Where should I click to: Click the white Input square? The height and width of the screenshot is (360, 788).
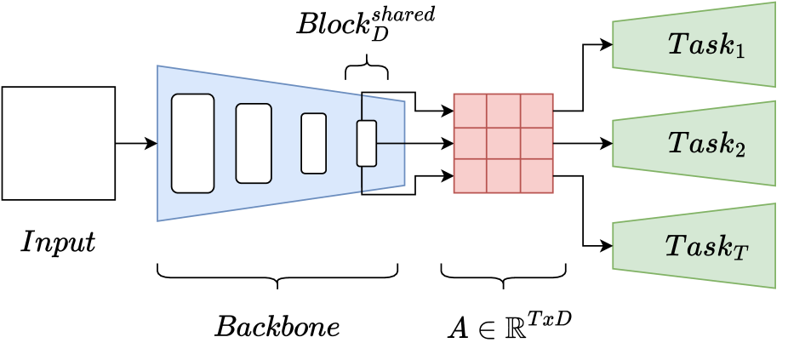[59, 143]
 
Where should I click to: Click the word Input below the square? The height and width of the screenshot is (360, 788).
[59, 243]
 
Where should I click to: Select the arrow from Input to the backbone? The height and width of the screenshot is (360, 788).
[135, 143]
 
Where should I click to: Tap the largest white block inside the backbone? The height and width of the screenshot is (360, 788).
[193, 143]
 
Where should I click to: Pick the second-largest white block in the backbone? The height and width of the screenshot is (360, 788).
[254, 143]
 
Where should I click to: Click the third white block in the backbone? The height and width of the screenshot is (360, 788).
[313, 143]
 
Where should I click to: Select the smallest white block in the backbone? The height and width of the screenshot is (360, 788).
[366, 143]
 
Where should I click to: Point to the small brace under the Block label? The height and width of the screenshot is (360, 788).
[367, 67]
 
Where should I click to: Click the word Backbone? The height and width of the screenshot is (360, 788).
[277, 327]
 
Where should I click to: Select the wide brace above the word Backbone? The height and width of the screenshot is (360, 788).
[277, 274]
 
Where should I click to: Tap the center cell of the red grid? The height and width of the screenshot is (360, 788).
[504, 143]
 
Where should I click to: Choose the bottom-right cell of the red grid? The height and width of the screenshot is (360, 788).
[537, 176]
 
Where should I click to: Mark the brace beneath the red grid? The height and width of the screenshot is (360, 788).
[504, 274]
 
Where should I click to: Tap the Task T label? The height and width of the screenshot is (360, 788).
[705, 246]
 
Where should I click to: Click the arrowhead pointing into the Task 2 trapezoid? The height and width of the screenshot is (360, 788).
[607, 143]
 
